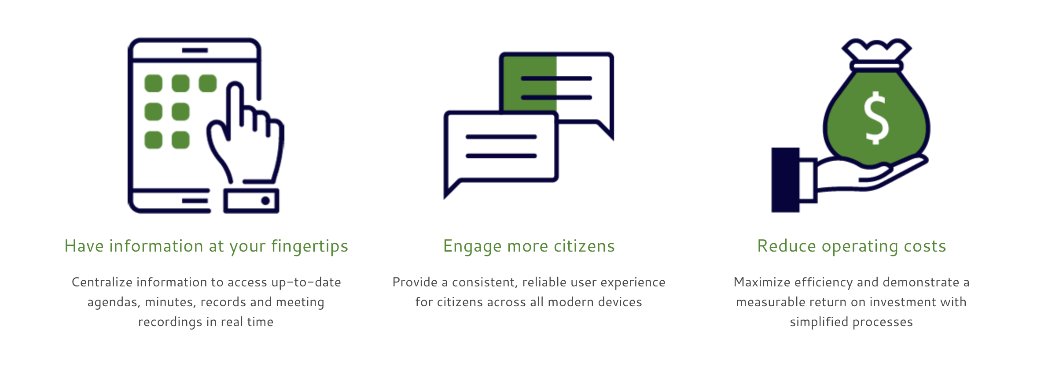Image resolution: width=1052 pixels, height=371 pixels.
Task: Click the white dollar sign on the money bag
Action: tap(876, 118)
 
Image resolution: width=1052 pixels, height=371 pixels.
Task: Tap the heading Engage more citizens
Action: tap(529, 246)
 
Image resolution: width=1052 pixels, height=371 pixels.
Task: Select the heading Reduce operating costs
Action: tap(852, 246)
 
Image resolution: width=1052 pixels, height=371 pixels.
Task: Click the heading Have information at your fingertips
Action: tap(206, 246)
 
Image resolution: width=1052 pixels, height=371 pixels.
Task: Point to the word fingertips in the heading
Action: tap(309, 246)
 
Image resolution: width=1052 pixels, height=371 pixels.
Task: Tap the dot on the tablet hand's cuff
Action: tap(265, 201)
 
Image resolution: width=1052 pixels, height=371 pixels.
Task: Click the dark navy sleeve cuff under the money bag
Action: tap(785, 180)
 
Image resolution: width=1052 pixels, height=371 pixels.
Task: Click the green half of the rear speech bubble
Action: tap(530, 83)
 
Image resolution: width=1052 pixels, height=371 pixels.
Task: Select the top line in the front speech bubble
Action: tap(501, 137)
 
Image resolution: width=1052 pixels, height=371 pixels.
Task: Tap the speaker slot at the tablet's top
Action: tap(195, 50)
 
